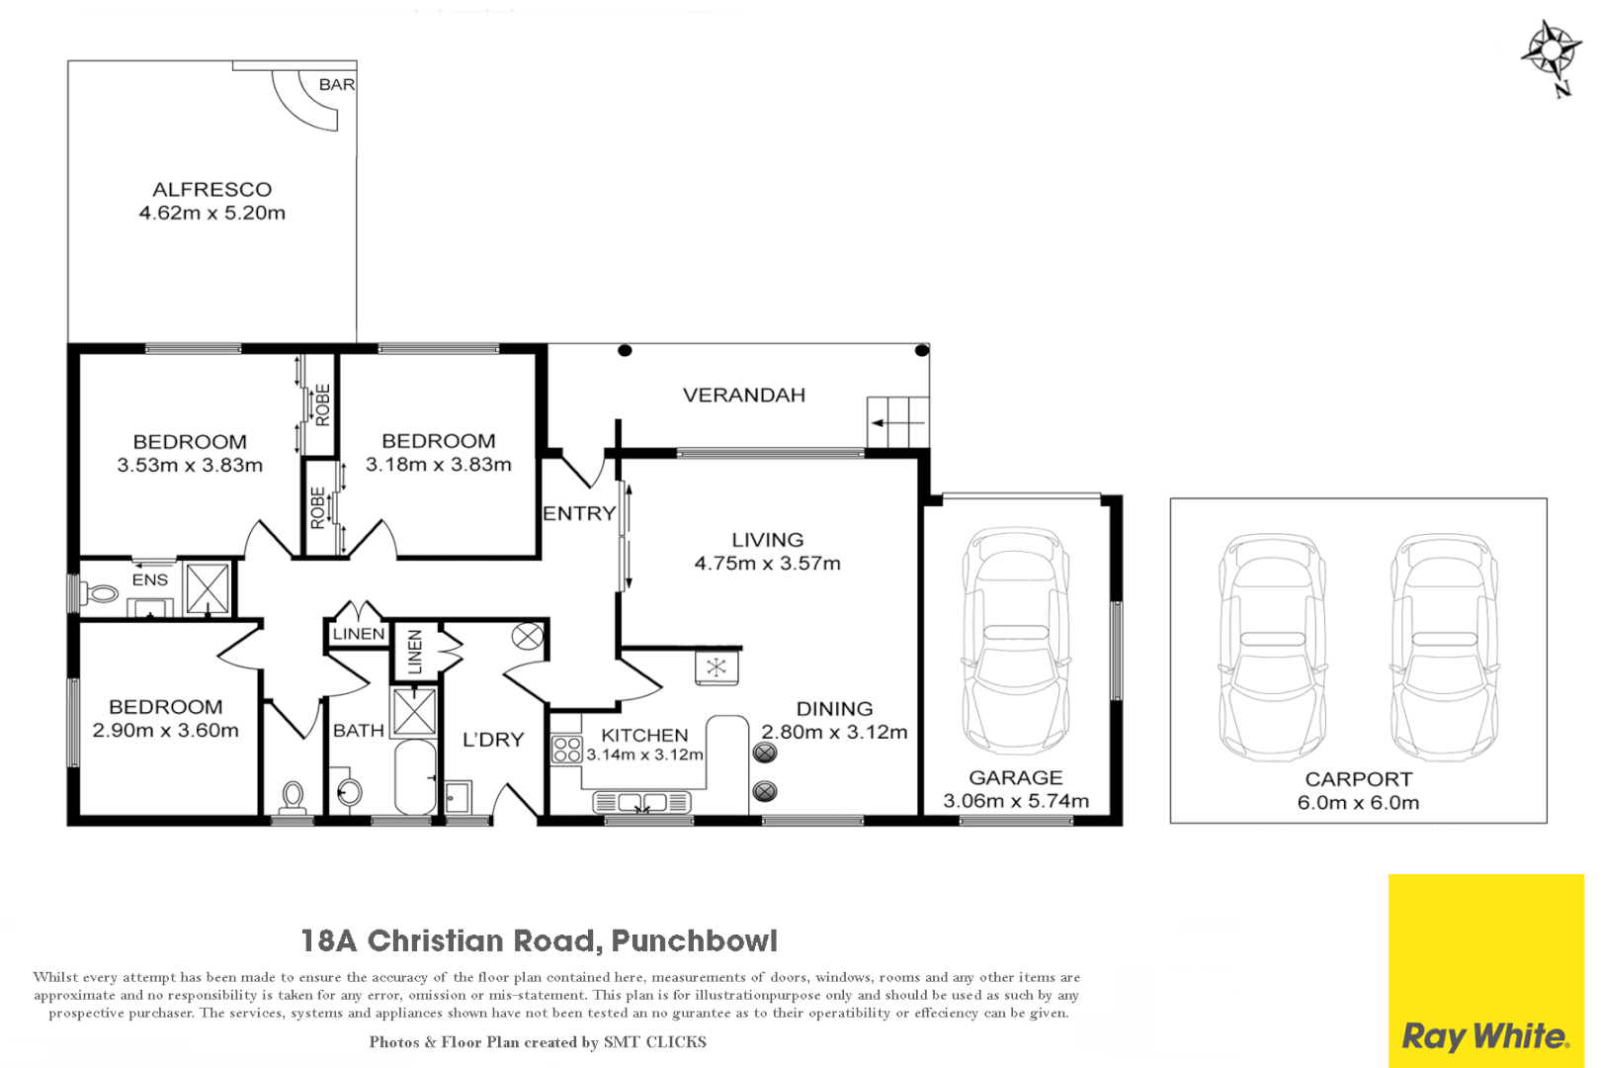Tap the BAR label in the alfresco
[x=336, y=85]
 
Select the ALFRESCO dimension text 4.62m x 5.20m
[x=212, y=213]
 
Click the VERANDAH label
[x=744, y=396]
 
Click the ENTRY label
[x=579, y=513]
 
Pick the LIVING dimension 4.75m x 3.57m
[x=767, y=564]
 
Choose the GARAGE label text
[x=1015, y=778]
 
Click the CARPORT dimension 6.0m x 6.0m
[x=1358, y=803]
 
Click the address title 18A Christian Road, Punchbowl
[x=540, y=940]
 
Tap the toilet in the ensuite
[x=102, y=593]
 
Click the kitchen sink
[x=641, y=802]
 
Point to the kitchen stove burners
[x=567, y=749]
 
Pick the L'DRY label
[x=493, y=740]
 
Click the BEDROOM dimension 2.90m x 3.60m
[x=166, y=731]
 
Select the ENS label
[x=150, y=580]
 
